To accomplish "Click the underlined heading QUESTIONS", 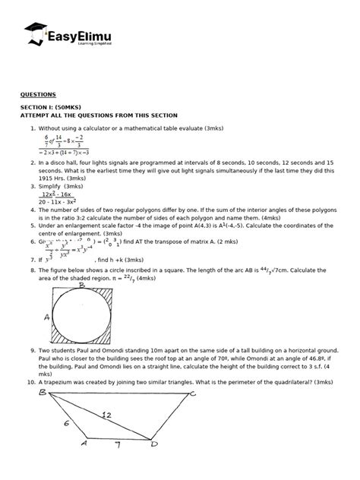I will click(x=38, y=94).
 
